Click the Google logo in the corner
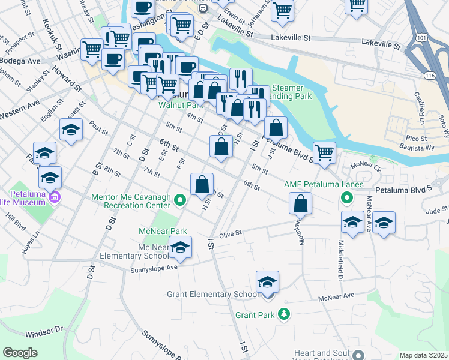(x=20, y=353)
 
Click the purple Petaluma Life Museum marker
(x=56, y=196)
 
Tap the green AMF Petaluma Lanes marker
(x=346, y=196)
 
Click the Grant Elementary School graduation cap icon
(x=267, y=281)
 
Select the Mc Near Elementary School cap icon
(x=180, y=246)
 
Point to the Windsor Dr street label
(x=44, y=331)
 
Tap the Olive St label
(x=230, y=233)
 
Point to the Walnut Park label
(x=178, y=104)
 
